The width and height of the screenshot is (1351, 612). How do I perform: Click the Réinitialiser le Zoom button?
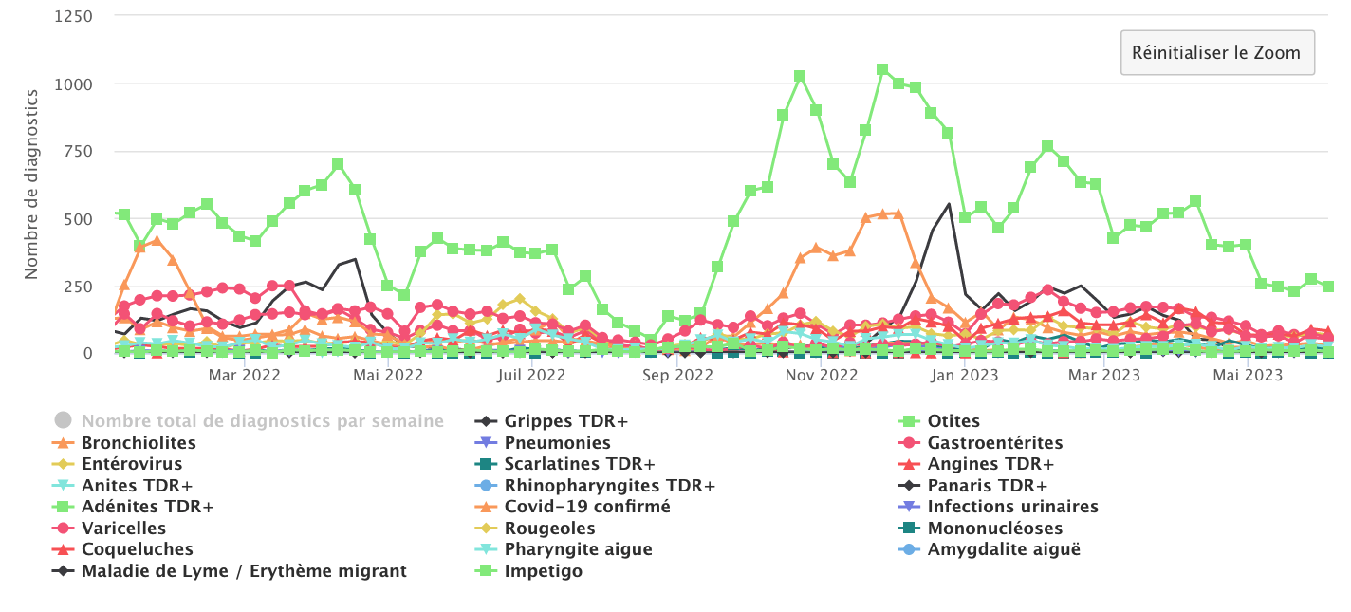1217,52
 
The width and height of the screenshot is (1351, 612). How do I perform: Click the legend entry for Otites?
954,421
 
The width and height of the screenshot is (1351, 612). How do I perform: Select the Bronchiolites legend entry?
139,443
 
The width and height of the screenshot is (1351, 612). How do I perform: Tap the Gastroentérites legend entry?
994,443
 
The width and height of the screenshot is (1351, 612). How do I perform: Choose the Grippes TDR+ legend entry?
565,421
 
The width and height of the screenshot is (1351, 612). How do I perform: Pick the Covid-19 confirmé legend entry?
586,507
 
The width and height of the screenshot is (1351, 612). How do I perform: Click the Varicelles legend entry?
123,529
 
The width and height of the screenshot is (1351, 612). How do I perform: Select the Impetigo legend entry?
543,571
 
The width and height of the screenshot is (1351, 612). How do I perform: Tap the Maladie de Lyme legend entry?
244,571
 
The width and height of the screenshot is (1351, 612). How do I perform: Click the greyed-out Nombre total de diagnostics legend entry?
262,421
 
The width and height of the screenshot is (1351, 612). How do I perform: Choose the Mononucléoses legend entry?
994,529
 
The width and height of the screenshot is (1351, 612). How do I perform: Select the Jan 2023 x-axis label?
965,375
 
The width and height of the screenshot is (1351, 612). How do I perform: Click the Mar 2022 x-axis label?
244,375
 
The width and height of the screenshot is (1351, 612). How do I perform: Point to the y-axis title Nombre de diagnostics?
31,184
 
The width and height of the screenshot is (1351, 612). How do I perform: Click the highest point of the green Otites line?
882,69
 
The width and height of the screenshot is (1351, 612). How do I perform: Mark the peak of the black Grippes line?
948,204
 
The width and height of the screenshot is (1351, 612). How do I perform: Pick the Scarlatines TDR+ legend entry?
579,464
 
